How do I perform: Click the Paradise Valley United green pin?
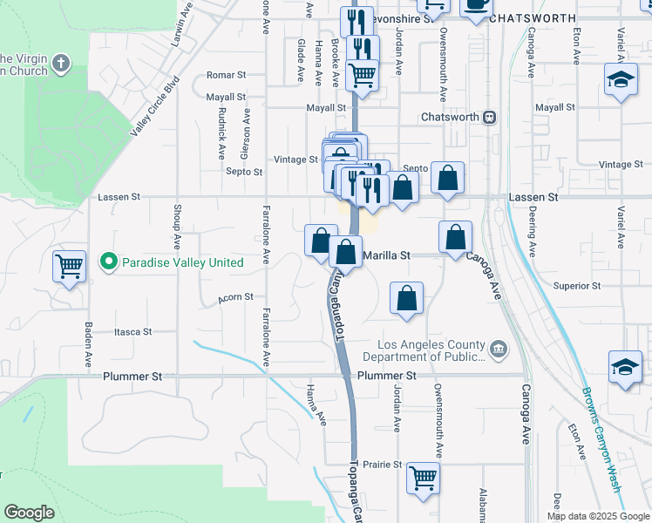coord(108,261)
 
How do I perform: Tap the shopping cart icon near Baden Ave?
coord(69,265)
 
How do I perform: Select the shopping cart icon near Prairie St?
coord(423,477)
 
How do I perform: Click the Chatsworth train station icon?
coord(490,116)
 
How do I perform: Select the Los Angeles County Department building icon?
coord(498,350)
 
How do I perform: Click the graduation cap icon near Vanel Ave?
coord(621,81)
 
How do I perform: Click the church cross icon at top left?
coord(60,63)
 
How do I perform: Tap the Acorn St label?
coord(236,296)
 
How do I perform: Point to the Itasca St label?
coord(133,332)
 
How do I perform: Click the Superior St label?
coord(577,286)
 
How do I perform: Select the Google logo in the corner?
coord(30,513)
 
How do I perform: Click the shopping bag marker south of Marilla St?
coord(406,299)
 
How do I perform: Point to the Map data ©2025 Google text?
coord(596,516)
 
